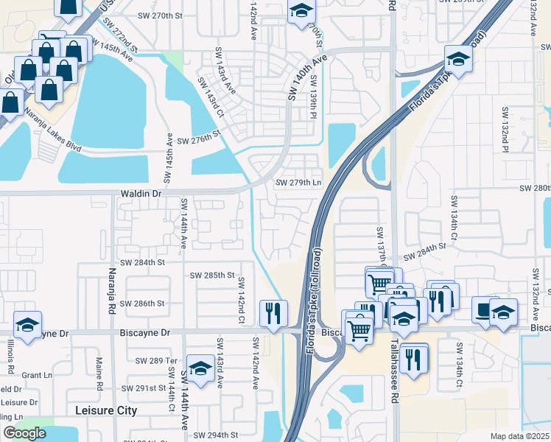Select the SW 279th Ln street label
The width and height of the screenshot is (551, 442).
298,183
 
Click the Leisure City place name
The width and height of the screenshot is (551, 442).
106,410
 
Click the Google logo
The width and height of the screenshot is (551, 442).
25,432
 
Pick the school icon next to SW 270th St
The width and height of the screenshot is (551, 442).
301,11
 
